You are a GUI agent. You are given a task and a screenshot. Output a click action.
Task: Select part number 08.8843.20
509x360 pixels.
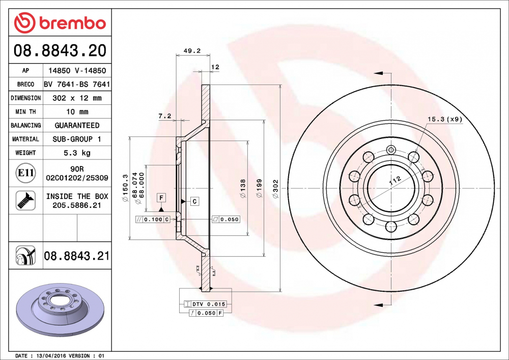60,51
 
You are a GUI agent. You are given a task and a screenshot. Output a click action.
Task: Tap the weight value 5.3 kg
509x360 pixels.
76,153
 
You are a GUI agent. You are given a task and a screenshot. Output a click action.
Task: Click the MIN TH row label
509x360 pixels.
25,112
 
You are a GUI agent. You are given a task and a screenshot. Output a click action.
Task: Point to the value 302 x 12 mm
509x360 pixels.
76,98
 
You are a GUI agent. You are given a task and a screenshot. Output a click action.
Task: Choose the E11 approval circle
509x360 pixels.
25,173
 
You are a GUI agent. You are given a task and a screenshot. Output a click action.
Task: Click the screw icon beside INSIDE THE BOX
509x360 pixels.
25,200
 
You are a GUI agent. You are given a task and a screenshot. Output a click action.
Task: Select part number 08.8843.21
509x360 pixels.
76,256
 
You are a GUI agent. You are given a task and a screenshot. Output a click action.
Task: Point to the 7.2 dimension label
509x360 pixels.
164,116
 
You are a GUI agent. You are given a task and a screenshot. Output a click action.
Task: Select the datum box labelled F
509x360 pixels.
161,197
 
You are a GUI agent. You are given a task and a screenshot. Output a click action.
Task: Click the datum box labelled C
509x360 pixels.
194,202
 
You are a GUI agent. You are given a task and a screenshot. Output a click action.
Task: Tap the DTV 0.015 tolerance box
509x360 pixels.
208,304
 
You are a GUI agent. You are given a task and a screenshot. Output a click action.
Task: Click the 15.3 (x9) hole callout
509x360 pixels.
444,119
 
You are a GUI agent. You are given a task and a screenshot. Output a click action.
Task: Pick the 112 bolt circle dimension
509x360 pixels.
395,180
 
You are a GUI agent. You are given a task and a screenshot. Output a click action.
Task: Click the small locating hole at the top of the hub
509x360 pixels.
391,150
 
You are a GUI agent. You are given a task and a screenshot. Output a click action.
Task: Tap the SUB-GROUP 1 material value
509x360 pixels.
76,139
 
